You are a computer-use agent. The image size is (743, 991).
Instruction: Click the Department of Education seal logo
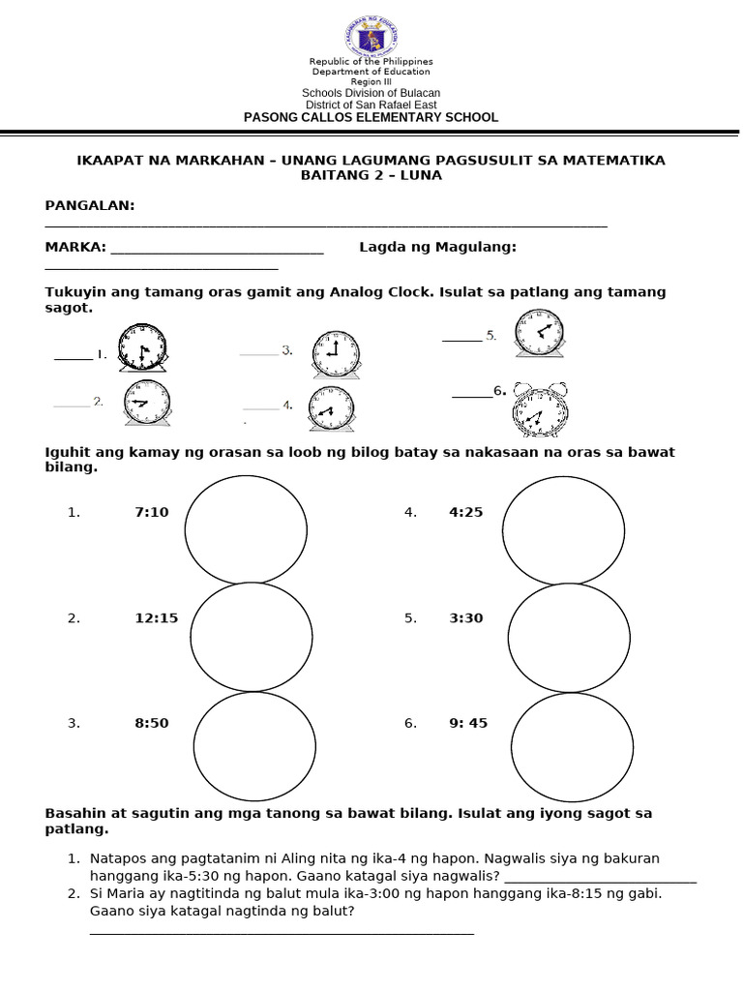(371, 38)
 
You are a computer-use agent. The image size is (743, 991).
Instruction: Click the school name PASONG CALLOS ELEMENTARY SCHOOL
(371, 117)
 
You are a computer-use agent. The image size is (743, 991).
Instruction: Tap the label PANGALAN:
(90, 206)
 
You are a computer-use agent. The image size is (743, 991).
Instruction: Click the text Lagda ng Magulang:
(437, 248)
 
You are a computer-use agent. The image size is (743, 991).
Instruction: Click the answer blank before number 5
(461, 337)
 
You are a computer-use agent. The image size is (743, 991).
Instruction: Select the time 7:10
(152, 512)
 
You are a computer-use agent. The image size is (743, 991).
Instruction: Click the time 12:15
(156, 618)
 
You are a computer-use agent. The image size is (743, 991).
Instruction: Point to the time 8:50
(152, 723)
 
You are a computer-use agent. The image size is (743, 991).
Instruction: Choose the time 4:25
(465, 512)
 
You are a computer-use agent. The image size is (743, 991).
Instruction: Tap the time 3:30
(465, 618)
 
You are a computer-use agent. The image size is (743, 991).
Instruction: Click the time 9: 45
(468, 723)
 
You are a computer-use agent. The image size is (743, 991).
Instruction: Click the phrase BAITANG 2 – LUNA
(371, 175)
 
